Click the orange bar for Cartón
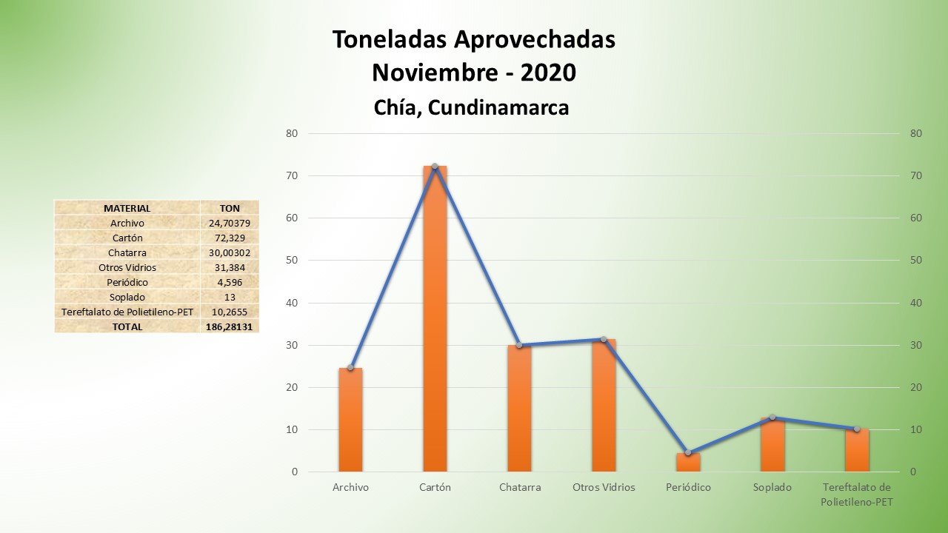pos(435,318)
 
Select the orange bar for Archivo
pos(350,420)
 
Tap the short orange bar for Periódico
pos(687,462)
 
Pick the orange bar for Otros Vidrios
pos(603,406)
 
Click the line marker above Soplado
pos(772,418)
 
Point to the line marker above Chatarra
pos(519,345)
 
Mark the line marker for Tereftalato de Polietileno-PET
pos(856,429)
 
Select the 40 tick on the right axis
pos(916,303)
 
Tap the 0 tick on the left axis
pos(295,472)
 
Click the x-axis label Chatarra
pos(520,488)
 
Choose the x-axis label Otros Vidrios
pos(604,488)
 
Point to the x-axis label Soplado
pos(772,488)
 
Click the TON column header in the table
pos(230,209)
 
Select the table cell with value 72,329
pos(230,238)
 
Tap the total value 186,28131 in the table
pos(230,326)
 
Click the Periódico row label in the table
pos(127,282)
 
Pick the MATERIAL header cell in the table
pos(127,209)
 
